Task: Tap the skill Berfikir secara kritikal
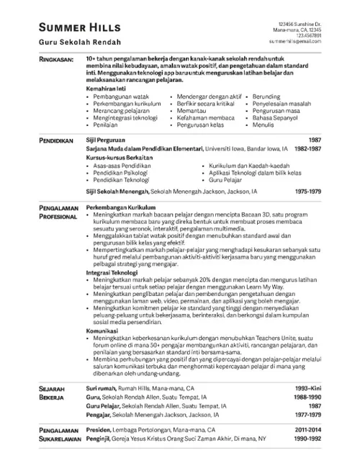coord(207,103)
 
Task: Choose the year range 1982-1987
coord(307,148)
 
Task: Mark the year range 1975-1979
coord(307,193)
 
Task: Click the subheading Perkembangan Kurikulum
coord(117,206)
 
